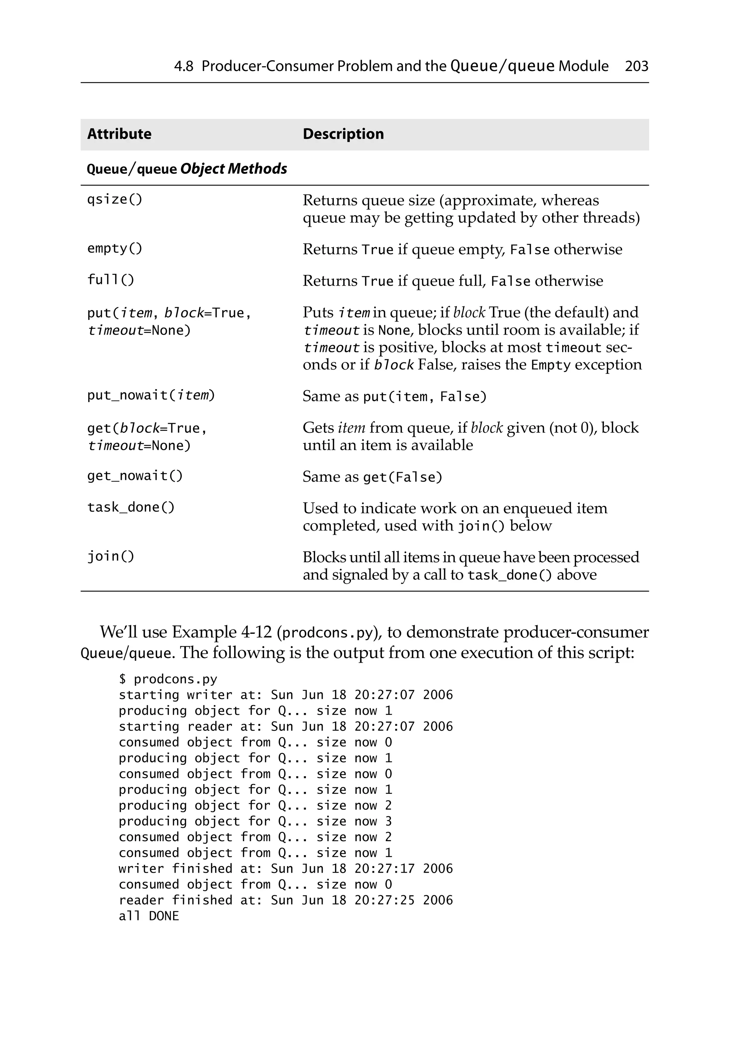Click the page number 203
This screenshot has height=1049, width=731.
636,66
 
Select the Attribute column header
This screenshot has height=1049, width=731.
119,134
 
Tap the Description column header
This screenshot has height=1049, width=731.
343,134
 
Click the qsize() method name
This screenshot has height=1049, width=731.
115,200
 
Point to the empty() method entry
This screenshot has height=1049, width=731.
115,249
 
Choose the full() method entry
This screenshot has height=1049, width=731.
111,280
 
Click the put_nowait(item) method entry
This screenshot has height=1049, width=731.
151,395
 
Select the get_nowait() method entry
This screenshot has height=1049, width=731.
135,476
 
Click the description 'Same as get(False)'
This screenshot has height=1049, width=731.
372,477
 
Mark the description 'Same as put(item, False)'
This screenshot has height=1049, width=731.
395,396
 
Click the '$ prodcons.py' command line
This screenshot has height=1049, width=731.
168,679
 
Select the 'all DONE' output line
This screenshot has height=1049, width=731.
149,916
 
